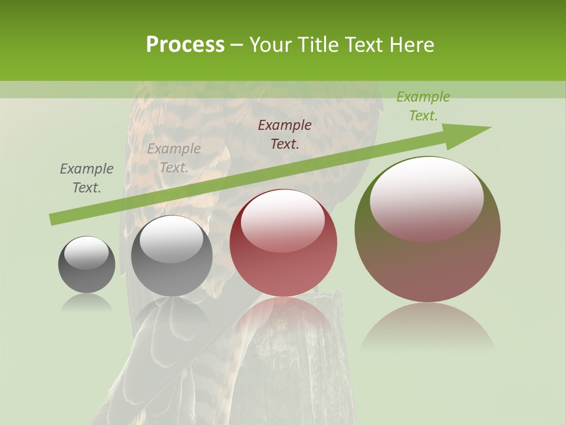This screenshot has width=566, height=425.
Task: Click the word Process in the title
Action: point(185,45)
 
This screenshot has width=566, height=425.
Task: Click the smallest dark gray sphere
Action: point(87,265)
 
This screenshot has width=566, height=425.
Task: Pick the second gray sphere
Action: point(172,256)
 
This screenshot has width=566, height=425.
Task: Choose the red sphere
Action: point(284,243)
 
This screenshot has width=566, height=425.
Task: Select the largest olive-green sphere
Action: point(427,230)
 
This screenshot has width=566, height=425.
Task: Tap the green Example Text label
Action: point(423,106)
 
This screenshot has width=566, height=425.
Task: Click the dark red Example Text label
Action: point(285,134)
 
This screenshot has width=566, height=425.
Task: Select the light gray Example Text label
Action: point(174,158)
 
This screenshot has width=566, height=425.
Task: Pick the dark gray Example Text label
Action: point(87,178)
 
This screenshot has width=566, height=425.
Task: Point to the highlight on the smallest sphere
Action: point(86,252)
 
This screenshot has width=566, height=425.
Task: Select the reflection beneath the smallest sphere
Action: point(87,302)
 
